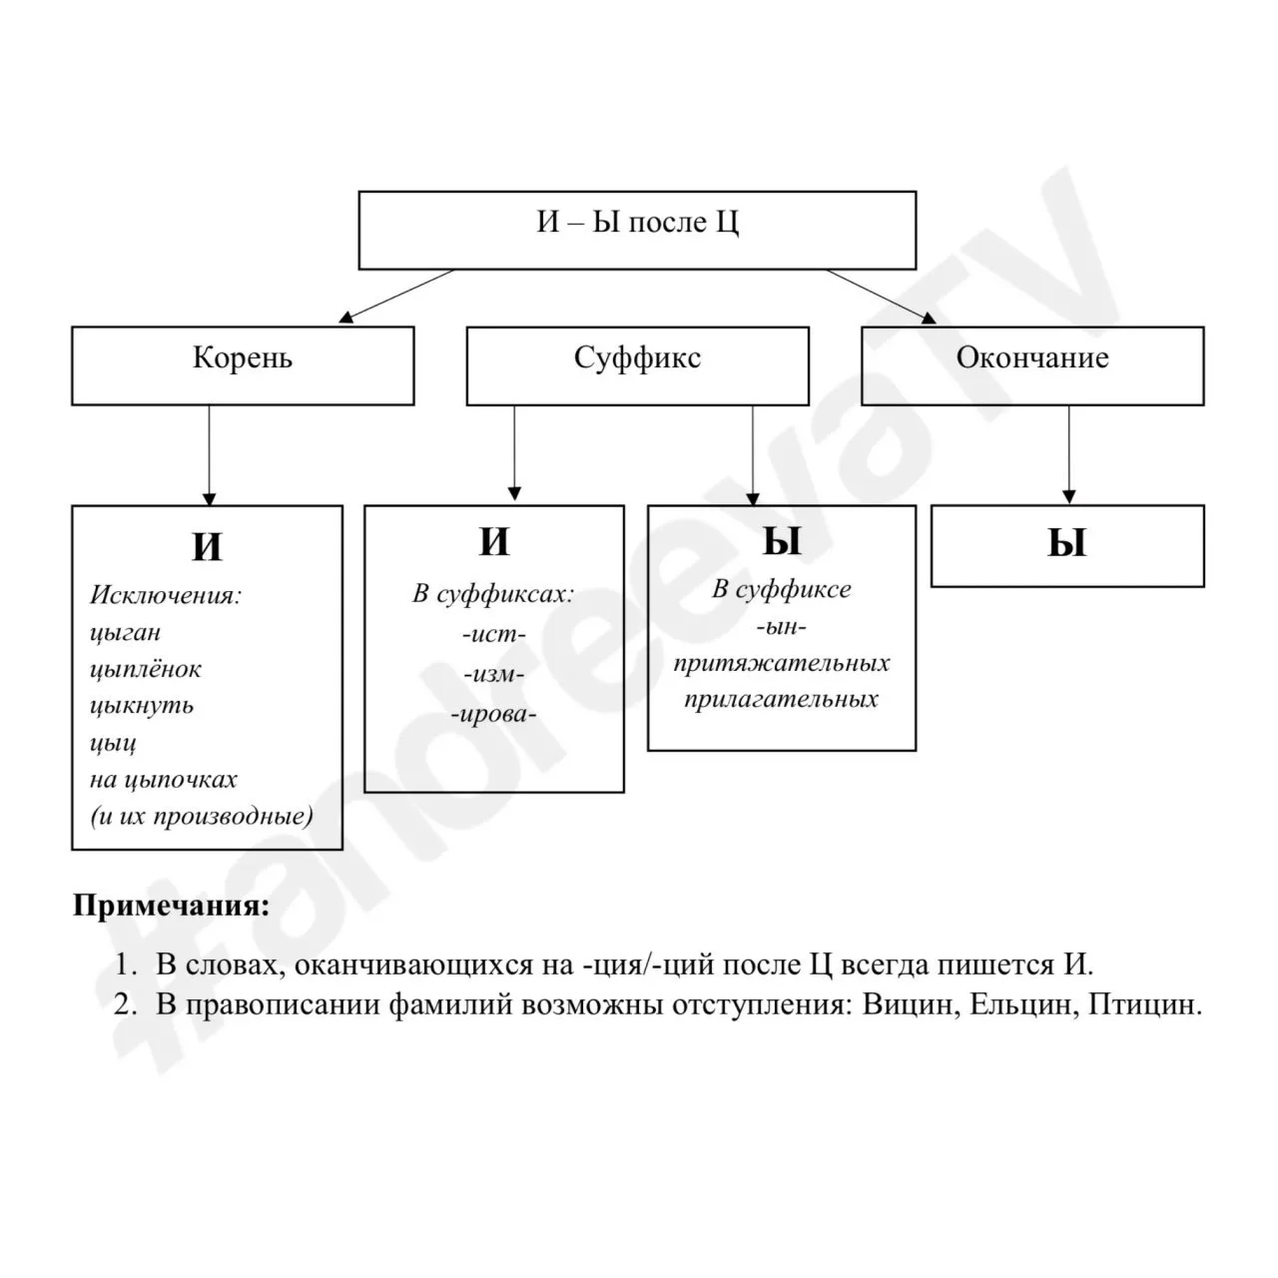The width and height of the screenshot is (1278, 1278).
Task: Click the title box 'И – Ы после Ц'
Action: (637, 230)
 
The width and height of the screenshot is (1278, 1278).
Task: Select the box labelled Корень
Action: (243, 365)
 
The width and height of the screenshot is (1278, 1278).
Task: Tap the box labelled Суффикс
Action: (637, 365)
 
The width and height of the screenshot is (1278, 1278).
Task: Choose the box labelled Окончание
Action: (1032, 365)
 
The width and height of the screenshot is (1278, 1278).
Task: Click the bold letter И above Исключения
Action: (207, 547)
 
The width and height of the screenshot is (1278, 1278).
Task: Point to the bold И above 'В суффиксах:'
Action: (494, 542)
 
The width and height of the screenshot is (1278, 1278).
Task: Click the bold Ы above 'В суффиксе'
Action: (782, 542)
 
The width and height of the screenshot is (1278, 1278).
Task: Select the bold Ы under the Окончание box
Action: (1066, 544)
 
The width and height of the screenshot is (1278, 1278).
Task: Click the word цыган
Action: (125, 633)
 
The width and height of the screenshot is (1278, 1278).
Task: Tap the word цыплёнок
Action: (145, 670)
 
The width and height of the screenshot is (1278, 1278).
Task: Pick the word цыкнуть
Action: (142, 706)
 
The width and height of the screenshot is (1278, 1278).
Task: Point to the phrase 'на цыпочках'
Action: (164, 780)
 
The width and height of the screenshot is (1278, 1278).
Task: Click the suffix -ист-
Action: (494, 635)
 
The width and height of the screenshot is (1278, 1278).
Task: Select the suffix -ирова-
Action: (494, 714)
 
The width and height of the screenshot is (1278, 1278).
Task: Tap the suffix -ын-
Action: (782, 627)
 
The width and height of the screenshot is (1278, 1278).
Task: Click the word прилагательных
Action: (782, 699)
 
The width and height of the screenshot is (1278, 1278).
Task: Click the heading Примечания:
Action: (172, 907)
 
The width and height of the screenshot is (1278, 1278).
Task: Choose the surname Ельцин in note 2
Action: (1021, 1003)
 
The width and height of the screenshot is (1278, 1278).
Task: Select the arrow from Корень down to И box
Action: (209, 454)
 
